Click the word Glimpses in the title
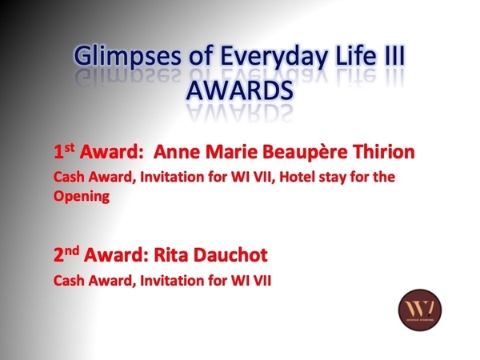pos(127,56)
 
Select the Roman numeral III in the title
pos(393,54)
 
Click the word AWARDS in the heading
pos(240,90)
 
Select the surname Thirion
pos(383,151)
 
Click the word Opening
pos(82,197)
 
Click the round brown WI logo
pos(420,310)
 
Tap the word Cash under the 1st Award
pos(69,177)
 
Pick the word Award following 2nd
pos(116,254)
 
